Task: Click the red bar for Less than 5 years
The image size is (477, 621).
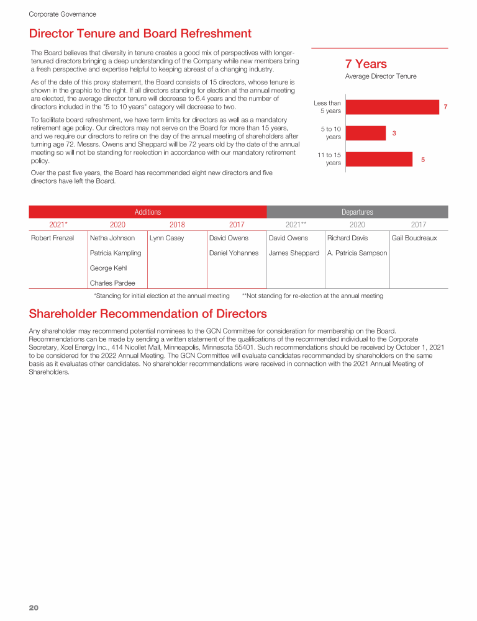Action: (392, 107)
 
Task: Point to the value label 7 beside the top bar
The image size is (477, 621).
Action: (445, 107)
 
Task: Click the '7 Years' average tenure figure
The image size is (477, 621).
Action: (366, 64)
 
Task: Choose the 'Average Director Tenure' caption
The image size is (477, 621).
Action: (381, 76)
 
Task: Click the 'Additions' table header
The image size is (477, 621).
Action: (148, 212)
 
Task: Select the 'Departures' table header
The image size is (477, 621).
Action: (357, 212)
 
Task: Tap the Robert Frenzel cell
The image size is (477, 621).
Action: (53, 238)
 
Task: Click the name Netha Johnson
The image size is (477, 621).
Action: (112, 238)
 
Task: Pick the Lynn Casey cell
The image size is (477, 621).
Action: (167, 238)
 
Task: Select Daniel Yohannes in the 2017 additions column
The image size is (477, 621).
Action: (234, 253)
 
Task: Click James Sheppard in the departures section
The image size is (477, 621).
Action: (294, 253)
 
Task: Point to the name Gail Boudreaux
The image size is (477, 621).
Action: (414, 238)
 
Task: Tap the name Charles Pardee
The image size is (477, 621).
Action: (112, 283)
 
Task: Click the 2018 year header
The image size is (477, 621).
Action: (177, 225)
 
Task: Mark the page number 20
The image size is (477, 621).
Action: (34, 607)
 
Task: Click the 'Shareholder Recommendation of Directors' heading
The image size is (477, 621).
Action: (148, 314)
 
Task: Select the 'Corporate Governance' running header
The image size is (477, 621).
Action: (62, 14)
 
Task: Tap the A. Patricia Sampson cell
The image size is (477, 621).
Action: (357, 253)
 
